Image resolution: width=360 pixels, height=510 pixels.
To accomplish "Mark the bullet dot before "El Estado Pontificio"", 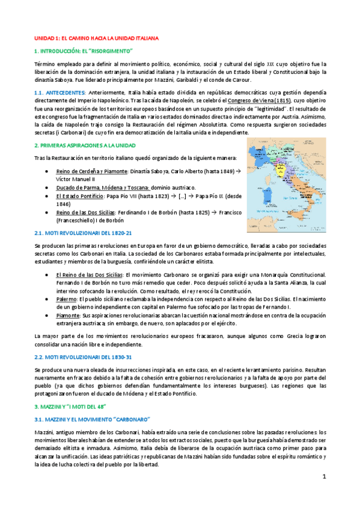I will point(47,196).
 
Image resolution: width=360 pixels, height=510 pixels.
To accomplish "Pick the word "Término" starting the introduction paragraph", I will point(46,63).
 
